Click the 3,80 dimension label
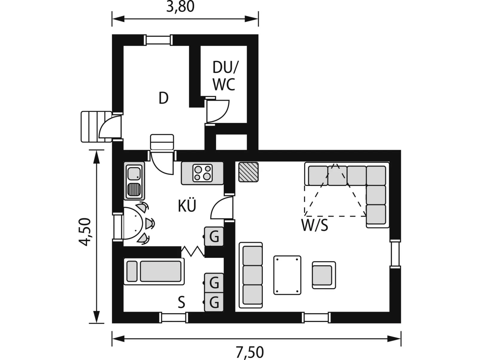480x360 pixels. tap(180, 7)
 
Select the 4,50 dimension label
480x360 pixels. tap(85, 232)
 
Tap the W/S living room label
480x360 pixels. tap(315, 225)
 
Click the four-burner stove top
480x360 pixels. tap(202, 173)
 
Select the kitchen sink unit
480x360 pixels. tap(134, 181)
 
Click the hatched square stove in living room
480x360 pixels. tap(248, 172)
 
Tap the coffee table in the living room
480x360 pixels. tap(287, 275)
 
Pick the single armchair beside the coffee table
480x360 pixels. tap(324, 275)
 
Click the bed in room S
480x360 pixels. tap(154, 271)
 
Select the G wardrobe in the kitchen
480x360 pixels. tap(214, 236)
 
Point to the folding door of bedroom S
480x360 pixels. tap(193, 251)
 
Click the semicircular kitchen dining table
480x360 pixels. tap(133, 223)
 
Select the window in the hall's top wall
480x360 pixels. tap(158, 40)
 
